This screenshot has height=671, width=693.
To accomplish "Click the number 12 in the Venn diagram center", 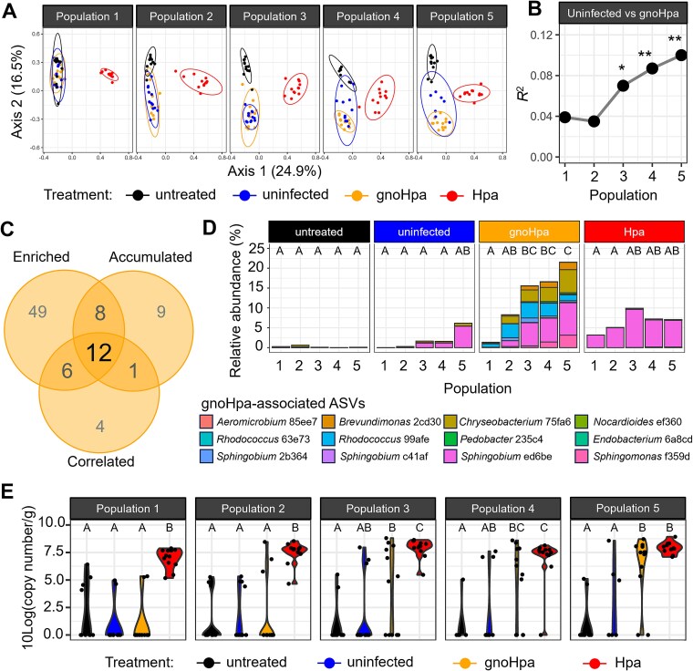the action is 99,352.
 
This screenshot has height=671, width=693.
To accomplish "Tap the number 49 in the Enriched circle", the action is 37,312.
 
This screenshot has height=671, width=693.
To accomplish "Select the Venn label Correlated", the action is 101,461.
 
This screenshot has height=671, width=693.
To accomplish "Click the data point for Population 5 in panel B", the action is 681,56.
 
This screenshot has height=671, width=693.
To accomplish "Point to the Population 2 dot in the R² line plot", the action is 594,121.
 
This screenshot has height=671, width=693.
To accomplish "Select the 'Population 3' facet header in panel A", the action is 274,16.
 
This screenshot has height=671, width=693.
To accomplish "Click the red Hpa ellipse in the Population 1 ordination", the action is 109,76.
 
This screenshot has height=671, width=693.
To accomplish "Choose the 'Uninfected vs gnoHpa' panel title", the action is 623,14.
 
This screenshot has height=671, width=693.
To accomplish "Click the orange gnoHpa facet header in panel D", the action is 529,232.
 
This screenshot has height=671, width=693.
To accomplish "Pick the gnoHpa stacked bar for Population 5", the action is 568,305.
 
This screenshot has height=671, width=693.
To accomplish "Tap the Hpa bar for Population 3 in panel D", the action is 634,328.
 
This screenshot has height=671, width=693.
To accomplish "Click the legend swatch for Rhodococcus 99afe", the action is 328,439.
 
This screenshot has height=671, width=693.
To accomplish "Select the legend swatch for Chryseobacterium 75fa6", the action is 450,422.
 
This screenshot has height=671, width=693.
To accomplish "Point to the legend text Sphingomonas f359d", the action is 641,456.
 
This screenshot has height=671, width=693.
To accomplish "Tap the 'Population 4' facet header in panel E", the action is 503,509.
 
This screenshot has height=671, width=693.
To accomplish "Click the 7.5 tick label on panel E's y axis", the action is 54,552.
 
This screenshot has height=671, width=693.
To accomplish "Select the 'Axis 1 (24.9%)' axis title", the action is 274,171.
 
